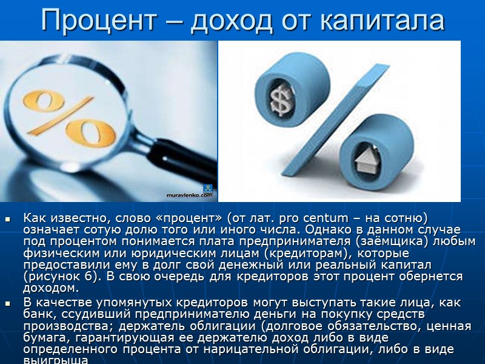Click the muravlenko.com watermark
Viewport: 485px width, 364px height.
click(x=190, y=195)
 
